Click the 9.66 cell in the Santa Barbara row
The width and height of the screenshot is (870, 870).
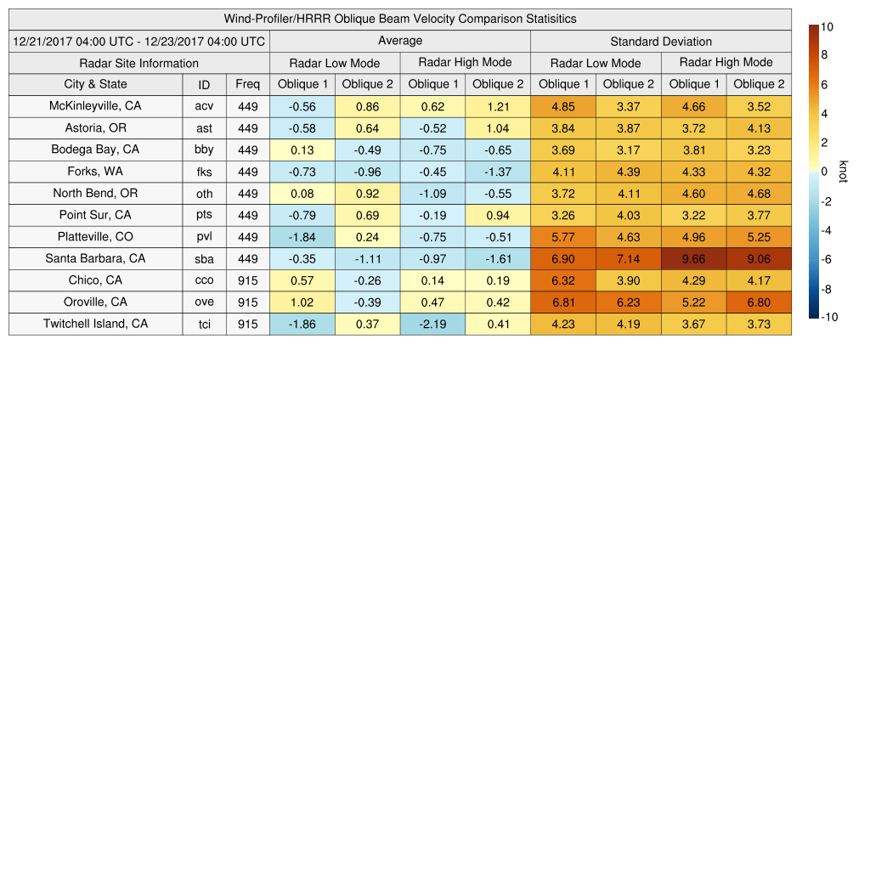click(x=693, y=258)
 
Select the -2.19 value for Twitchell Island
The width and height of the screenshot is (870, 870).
click(x=433, y=324)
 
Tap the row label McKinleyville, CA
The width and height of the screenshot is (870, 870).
click(x=95, y=106)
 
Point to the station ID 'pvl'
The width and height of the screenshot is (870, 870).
click(x=204, y=237)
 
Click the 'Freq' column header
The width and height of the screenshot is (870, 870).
click(x=248, y=84)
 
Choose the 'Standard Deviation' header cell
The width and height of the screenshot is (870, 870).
click(x=661, y=42)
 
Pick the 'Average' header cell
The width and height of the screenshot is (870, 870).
click(x=400, y=41)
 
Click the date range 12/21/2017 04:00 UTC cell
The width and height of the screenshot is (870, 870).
click(x=139, y=42)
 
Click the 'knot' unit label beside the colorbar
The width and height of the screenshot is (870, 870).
click(x=843, y=171)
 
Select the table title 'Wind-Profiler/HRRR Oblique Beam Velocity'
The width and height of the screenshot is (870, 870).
click(x=400, y=19)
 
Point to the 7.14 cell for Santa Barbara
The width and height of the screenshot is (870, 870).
click(x=629, y=258)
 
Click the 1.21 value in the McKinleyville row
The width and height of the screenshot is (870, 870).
click(x=498, y=106)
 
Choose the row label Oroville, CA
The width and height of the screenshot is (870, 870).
click(x=95, y=302)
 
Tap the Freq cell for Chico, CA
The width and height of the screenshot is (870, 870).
click(x=248, y=280)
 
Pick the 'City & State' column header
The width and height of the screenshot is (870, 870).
click(x=95, y=84)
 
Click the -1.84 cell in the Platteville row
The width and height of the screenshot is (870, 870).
click(x=302, y=237)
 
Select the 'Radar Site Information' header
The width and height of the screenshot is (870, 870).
click(x=139, y=63)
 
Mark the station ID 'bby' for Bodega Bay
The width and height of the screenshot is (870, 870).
click(x=204, y=150)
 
